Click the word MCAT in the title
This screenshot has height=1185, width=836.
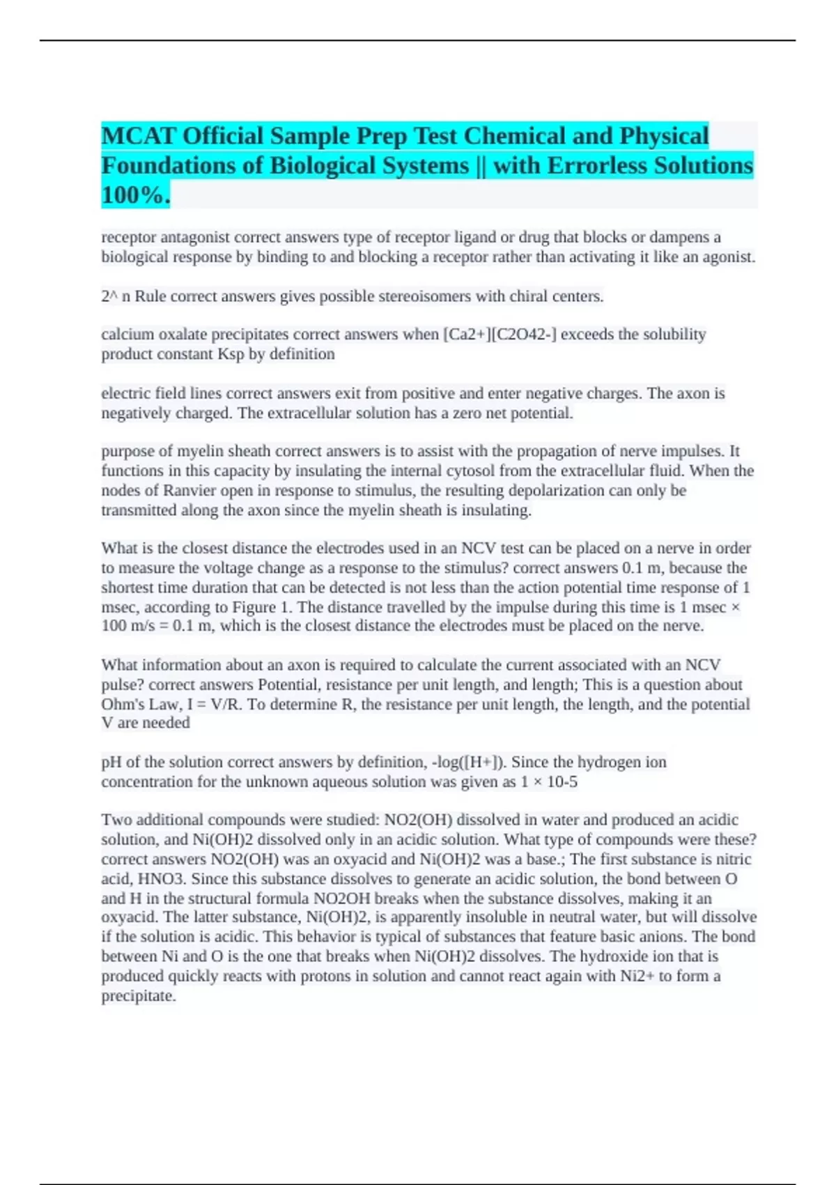pyautogui.click(x=138, y=136)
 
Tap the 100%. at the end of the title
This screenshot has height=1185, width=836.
pyautogui.click(x=135, y=195)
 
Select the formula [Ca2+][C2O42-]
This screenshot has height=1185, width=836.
pyautogui.click(x=500, y=335)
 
